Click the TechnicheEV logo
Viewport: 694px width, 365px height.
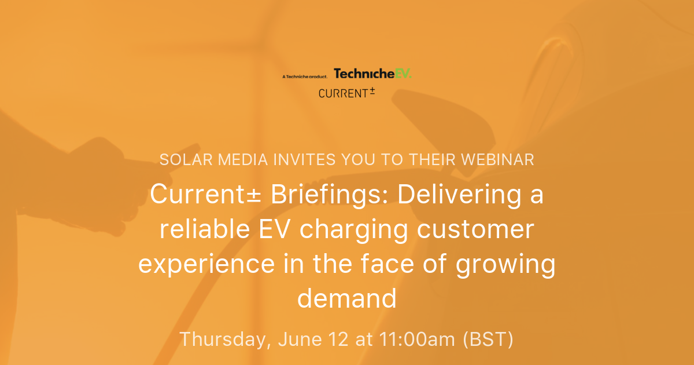[372, 74]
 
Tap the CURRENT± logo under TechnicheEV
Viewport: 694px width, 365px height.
[346, 92]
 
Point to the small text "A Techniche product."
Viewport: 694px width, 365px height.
[305, 76]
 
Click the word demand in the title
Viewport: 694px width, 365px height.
[347, 299]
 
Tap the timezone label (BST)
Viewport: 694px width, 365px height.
[488, 340]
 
